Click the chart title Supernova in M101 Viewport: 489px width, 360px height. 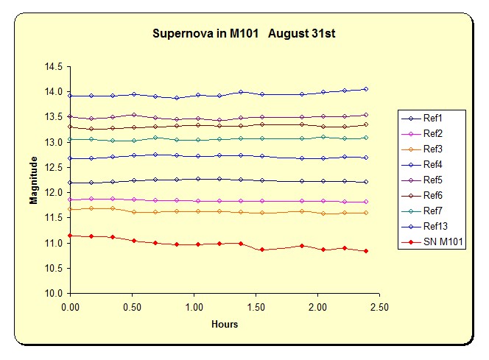coord(245,34)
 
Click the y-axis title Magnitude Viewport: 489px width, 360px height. coord(33,180)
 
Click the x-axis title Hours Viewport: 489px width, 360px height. coord(225,324)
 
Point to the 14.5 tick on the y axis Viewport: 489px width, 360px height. coord(52,67)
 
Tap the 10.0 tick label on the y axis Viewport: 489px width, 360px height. coord(52,293)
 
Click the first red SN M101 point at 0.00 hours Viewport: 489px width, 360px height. coord(70,236)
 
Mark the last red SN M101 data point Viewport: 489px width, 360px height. coord(365,251)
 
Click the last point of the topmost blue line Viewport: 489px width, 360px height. coord(365,89)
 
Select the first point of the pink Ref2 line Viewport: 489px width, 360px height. coord(70,200)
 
